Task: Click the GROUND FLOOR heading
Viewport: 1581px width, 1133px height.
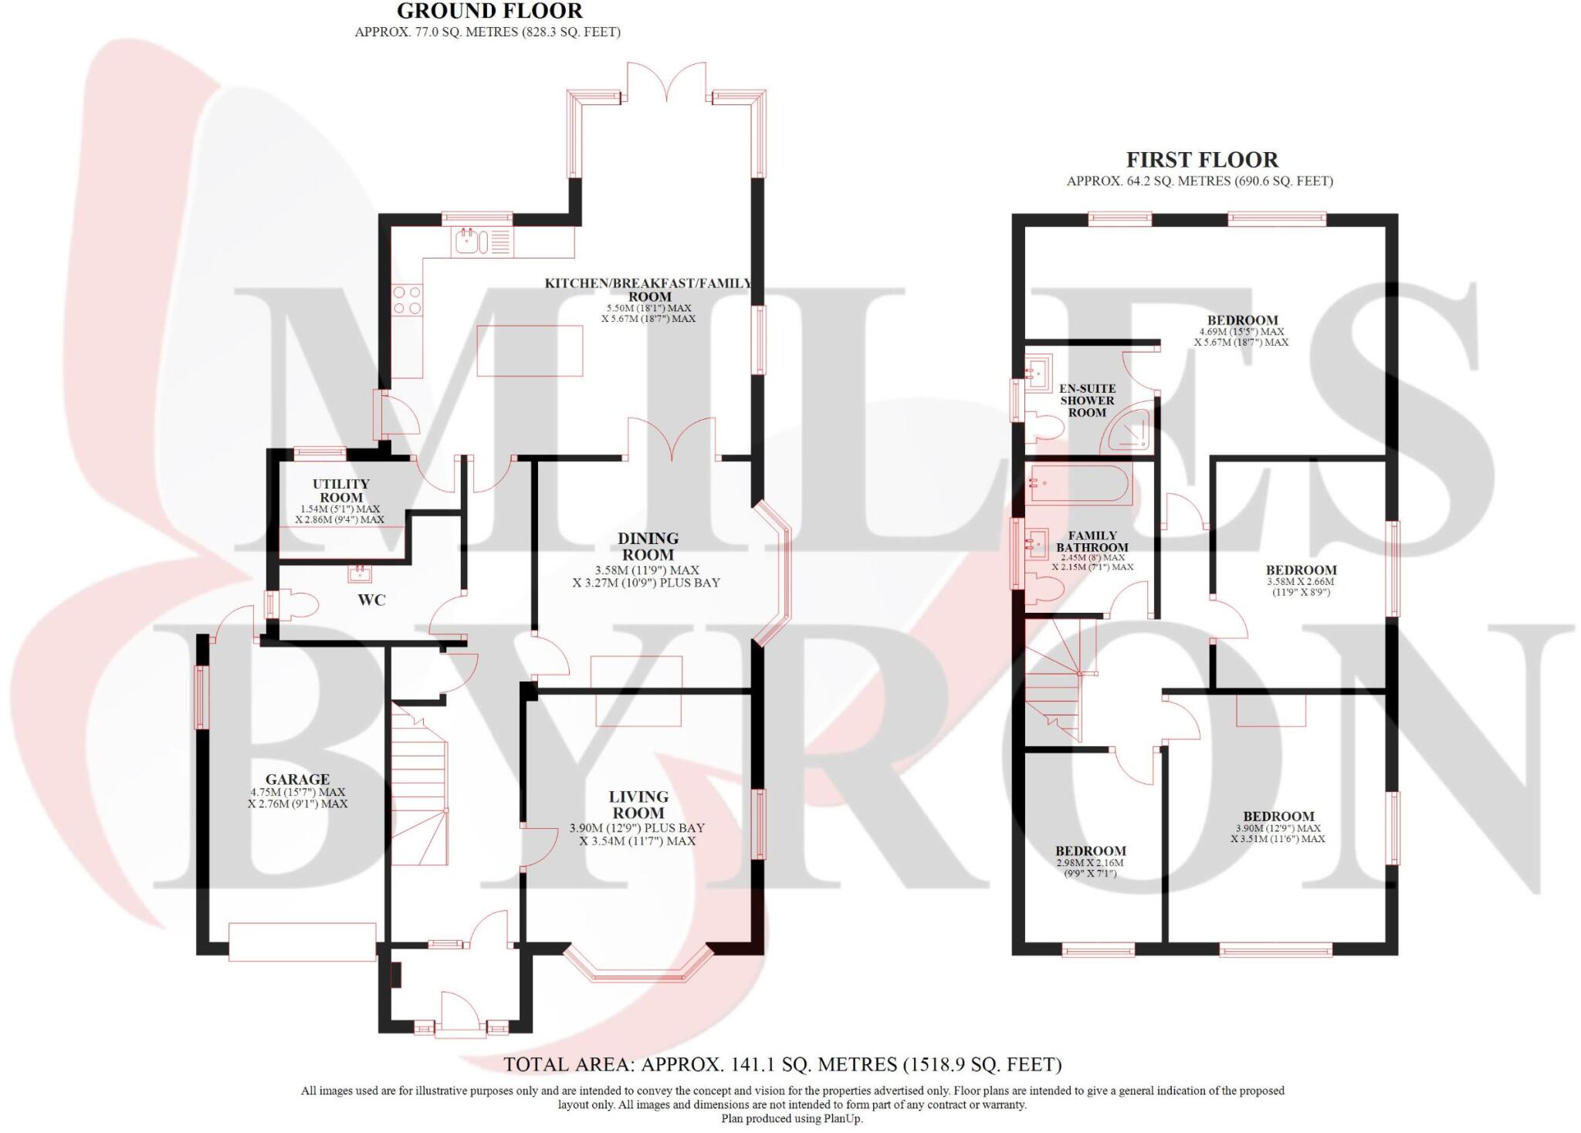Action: point(489,11)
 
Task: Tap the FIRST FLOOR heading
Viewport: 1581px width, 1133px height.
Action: point(1201,160)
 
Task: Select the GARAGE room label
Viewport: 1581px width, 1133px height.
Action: point(297,780)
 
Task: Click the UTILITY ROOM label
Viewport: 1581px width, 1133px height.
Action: point(340,491)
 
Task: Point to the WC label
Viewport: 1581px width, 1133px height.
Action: point(371,600)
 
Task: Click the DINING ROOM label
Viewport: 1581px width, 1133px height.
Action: point(648,546)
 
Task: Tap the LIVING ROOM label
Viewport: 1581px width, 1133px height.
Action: point(638,805)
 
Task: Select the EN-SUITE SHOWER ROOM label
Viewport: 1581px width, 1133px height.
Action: point(1087,401)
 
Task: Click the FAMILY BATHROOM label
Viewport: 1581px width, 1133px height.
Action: point(1092,541)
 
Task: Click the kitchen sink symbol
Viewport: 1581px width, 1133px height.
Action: point(469,242)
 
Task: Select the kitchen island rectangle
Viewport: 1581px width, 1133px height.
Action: point(529,351)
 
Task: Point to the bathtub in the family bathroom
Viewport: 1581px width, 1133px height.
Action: point(1079,484)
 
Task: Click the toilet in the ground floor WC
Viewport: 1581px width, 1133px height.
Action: point(296,604)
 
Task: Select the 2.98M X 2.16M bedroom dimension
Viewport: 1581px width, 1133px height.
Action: point(1089,863)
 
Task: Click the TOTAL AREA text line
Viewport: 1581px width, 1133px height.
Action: point(782,1065)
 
